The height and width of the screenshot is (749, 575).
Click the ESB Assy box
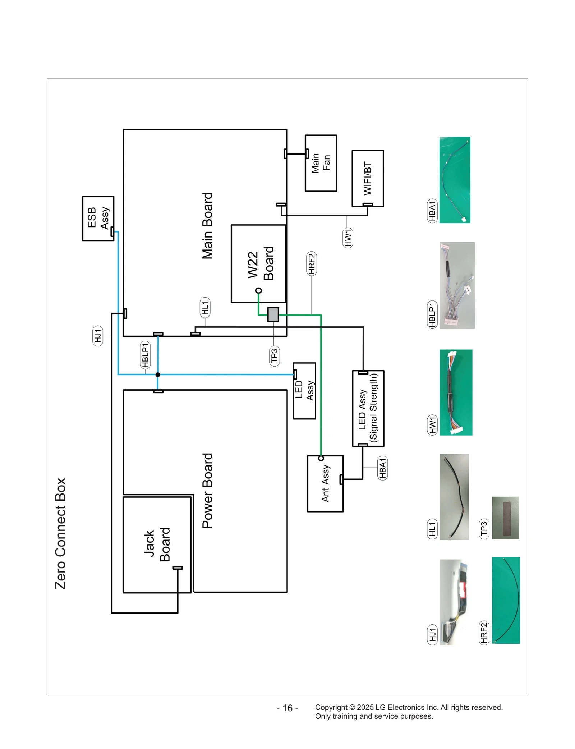(98, 218)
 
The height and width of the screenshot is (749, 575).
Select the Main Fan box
(321, 163)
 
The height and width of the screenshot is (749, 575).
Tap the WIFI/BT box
(368, 178)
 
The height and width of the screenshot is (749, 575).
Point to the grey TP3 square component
(273, 314)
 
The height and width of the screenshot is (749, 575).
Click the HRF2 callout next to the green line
(312, 263)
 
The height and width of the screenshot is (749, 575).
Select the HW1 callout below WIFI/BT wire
(348, 238)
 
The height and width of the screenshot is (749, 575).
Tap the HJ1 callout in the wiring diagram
(98, 336)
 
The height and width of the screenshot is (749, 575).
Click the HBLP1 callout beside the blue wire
(145, 355)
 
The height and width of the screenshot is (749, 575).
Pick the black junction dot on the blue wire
(158, 374)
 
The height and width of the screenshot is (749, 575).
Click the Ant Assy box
(325, 483)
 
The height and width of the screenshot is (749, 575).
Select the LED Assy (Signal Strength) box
(368, 408)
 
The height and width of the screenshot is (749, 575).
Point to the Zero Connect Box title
(60, 533)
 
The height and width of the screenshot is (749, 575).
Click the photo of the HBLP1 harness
(457, 285)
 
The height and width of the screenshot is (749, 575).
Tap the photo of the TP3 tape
(505, 518)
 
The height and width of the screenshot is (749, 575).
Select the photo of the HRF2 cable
(506, 600)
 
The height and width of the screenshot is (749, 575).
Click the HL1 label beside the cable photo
(432, 529)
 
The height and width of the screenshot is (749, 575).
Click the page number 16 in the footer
(287, 708)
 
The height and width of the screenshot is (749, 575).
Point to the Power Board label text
(207, 491)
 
